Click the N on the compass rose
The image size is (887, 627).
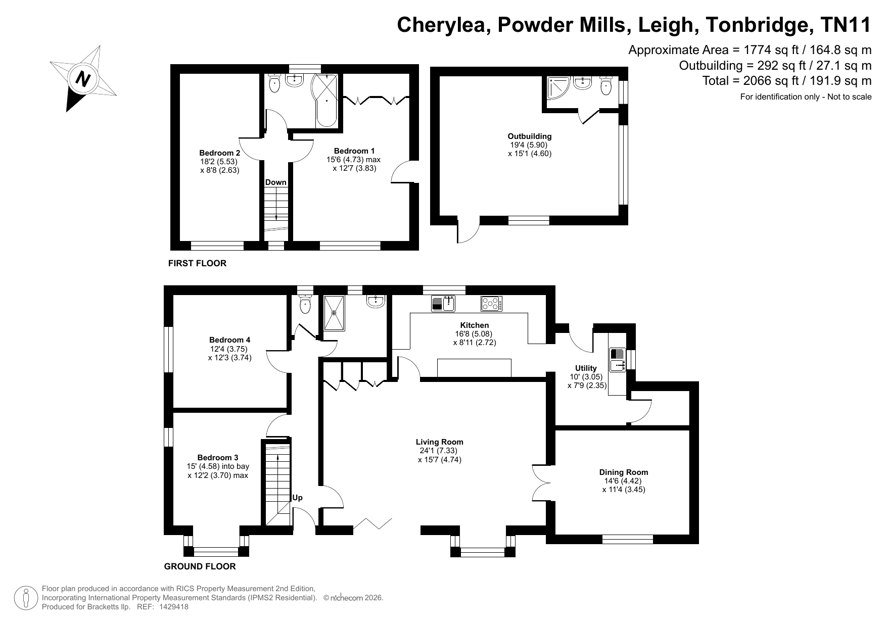click(x=82, y=79)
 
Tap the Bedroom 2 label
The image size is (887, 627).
click(x=219, y=153)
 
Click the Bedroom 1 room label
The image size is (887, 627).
click(x=354, y=151)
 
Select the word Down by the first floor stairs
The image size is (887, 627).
click(x=276, y=182)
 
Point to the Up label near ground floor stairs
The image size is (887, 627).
click(x=298, y=498)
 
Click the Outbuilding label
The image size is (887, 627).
click(x=530, y=136)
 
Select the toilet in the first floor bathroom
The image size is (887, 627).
click(x=274, y=83)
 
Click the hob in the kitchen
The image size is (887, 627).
click(x=491, y=304)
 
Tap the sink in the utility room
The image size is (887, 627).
click(x=618, y=360)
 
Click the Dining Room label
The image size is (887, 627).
click(x=624, y=472)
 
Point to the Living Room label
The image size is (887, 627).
click(x=440, y=442)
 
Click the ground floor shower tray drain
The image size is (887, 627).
click(x=334, y=313)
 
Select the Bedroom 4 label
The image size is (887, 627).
click(x=230, y=340)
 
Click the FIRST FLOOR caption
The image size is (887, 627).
click(x=197, y=263)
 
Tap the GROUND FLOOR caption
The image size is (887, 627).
click(x=200, y=566)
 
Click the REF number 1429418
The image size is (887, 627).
click(x=173, y=607)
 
